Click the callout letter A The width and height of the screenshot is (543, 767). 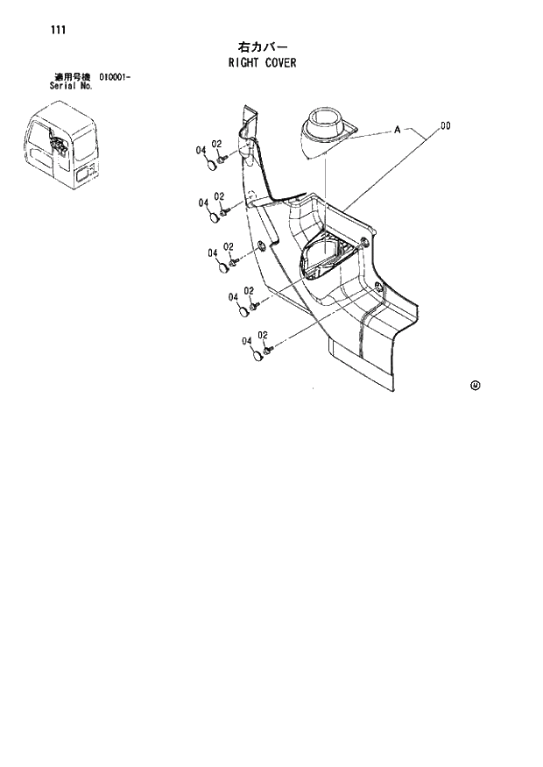[x=397, y=131]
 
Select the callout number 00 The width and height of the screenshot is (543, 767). [x=446, y=126]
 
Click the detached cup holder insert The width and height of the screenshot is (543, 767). [x=326, y=131]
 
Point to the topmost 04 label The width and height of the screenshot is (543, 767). [x=201, y=150]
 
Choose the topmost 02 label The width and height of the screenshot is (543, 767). [x=217, y=144]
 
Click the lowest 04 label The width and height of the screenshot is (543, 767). [x=247, y=341]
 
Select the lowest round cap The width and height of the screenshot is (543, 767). [x=258, y=355]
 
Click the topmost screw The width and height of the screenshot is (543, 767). [x=224, y=159]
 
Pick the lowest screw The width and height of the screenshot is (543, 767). [x=270, y=350]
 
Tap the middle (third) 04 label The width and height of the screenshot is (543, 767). [x=212, y=253]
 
